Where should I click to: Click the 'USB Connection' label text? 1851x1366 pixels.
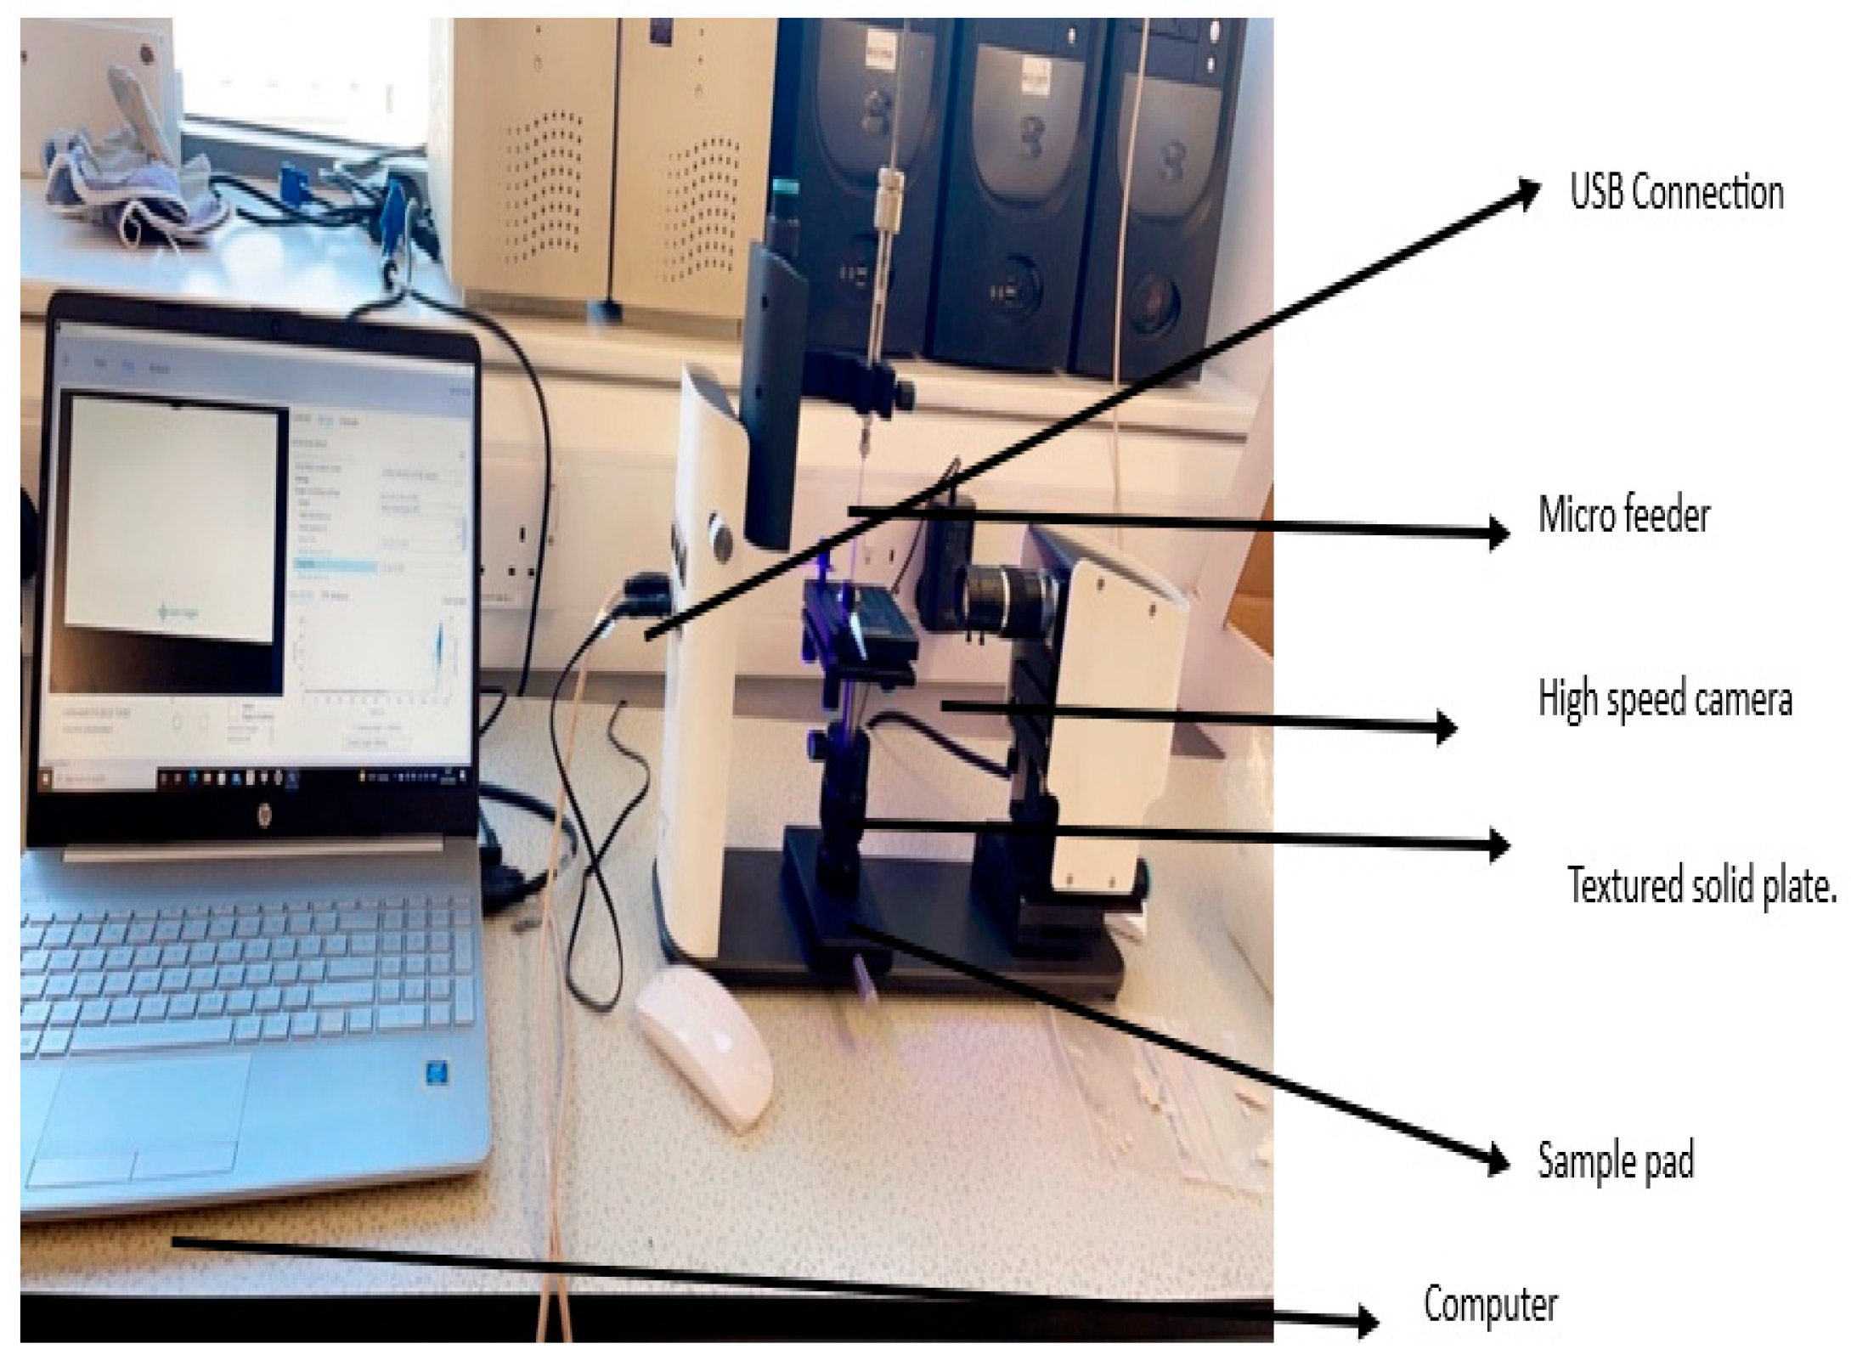tap(1675, 194)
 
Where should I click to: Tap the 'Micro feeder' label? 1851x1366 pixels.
tap(1623, 516)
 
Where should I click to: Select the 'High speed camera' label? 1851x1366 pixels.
tap(1664, 700)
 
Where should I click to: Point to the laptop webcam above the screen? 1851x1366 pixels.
tap(275, 327)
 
